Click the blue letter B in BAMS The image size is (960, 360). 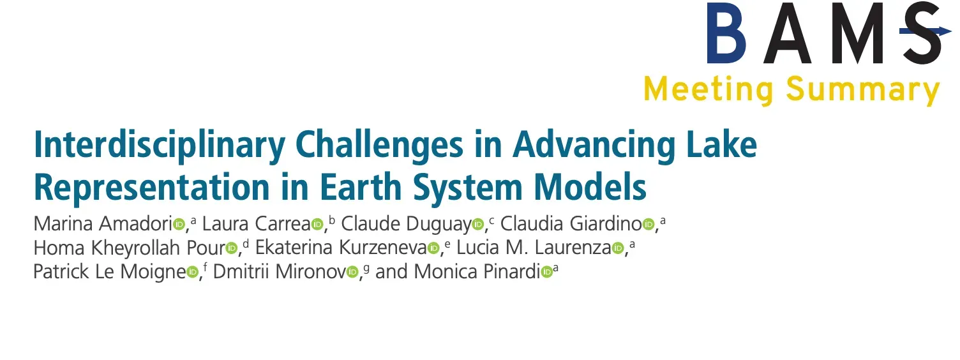[726, 33]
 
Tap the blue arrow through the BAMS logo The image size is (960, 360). [926, 31]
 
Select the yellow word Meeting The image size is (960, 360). [709, 91]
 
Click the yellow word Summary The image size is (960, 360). [863, 91]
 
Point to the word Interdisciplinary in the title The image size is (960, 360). [160, 146]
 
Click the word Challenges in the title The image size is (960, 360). [379, 146]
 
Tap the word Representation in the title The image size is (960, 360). [151, 187]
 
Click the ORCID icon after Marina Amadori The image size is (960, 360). [179, 224]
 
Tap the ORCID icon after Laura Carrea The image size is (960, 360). [317, 224]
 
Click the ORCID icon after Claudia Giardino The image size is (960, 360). [649, 224]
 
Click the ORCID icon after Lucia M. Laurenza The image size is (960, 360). [618, 248]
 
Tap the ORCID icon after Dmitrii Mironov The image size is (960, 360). [352, 272]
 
